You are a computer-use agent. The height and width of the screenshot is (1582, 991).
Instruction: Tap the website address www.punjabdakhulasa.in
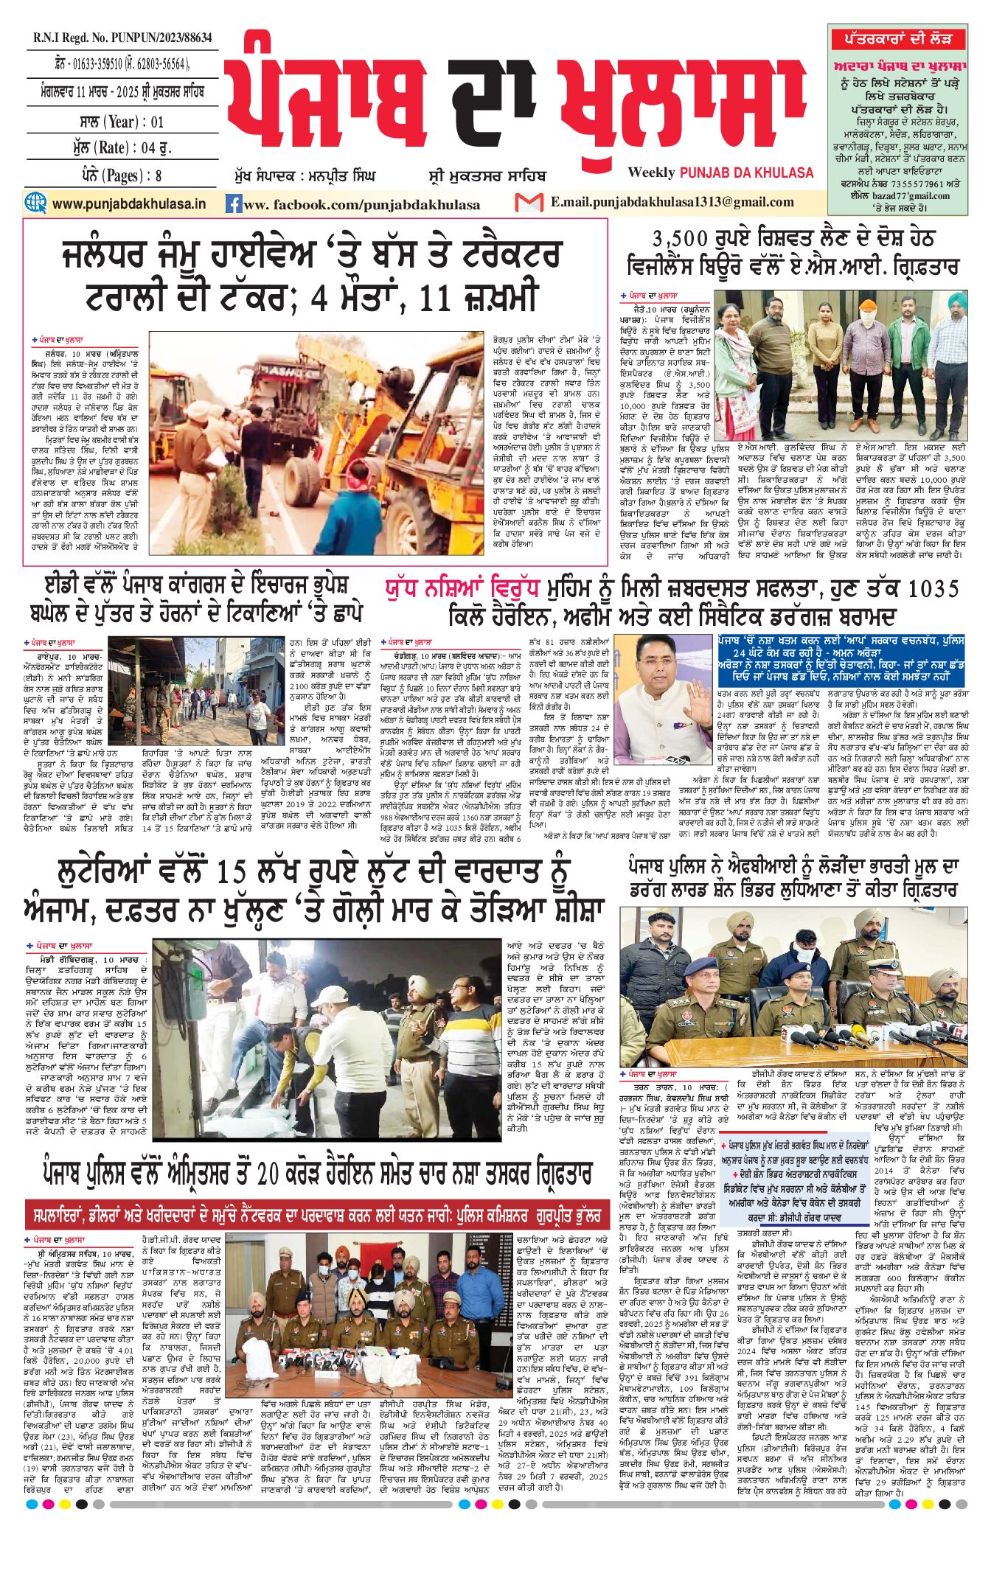[129, 203]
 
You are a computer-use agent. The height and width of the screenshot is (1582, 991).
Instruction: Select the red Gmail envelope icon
[529, 202]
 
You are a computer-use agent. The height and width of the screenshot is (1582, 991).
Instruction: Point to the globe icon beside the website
[35, 203]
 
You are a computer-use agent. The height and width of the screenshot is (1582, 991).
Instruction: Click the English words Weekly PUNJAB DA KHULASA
[720, 173]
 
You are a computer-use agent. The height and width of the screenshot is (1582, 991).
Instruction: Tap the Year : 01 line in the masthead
[122, 122]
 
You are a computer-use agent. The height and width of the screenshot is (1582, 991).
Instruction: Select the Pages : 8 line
[122, 175]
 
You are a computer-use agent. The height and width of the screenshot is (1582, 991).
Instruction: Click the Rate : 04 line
[122, 147]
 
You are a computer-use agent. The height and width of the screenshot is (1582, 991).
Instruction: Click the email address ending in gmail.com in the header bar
[672, 202]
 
